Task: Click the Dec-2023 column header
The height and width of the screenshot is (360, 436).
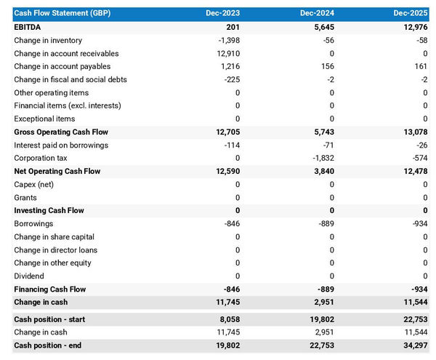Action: pos(222,14)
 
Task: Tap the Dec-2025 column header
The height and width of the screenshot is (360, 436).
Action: pos(411,14)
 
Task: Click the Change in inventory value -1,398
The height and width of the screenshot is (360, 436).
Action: pos(227,40)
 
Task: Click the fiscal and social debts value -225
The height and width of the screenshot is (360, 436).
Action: pos(232,79)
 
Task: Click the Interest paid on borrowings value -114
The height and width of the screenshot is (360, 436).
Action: pos(232,145)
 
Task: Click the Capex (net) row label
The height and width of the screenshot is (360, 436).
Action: pos(34,184)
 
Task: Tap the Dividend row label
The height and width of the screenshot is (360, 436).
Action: pos(29,276)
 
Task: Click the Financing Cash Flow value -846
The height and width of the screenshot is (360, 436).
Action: pos(231,289)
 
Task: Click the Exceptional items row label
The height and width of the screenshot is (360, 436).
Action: pos(44,119)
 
